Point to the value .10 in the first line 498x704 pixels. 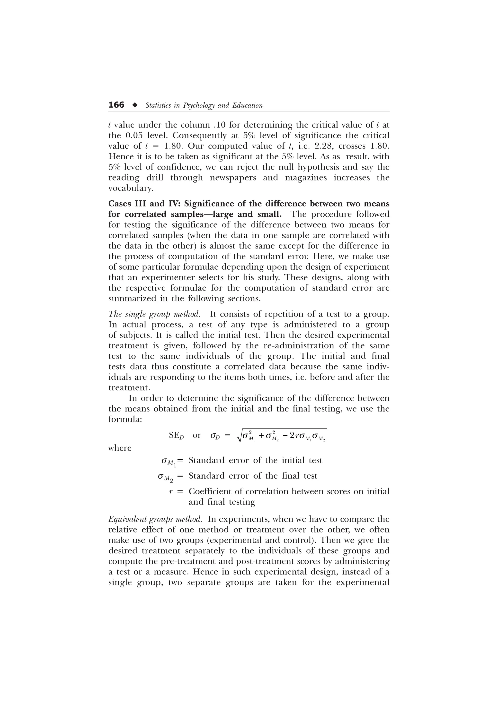(x=219, y=125)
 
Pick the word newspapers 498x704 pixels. (x=232, y=178)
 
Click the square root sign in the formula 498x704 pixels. (x=240, y=436)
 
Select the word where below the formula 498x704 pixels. (x=120, y=448)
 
